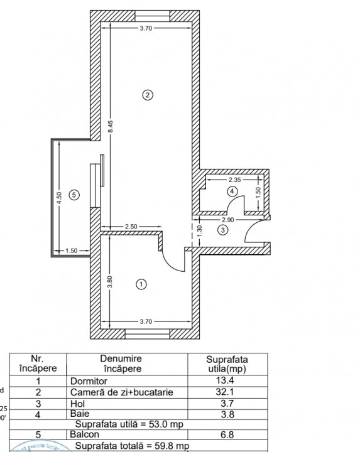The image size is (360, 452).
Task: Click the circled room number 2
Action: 148,95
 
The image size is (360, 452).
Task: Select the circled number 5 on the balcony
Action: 74,195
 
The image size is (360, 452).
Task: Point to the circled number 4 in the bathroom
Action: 232,191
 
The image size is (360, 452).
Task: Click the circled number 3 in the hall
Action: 222,230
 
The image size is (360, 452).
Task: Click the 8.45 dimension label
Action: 111,125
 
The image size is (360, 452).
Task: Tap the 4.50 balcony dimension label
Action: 58,199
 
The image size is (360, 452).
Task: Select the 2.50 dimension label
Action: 131,225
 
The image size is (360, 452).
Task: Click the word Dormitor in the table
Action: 89,381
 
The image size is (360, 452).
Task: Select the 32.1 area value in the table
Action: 227,392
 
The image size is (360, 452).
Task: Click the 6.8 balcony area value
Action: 227,434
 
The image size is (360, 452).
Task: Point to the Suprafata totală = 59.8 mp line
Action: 132,446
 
